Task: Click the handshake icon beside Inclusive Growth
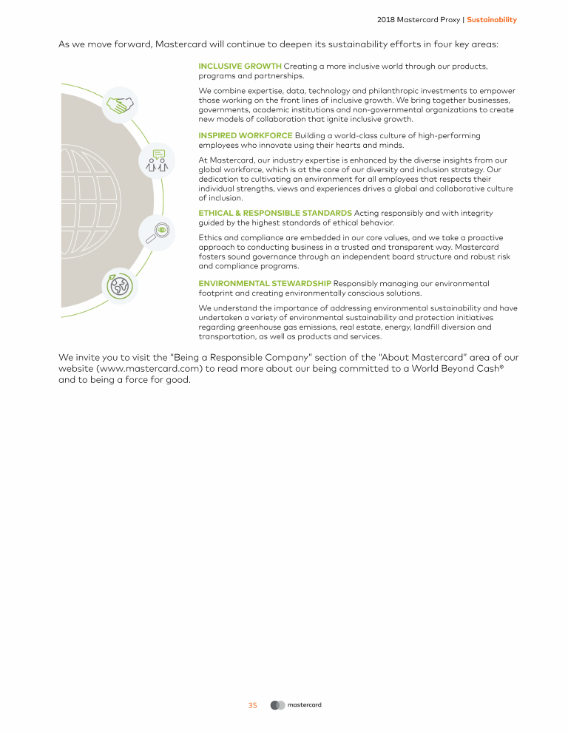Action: pyautogui.click(x=118, y=106)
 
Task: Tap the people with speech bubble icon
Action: pyautogui.click(x=158, y=160)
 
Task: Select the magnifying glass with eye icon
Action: pyautogui.click(x=158, y=231)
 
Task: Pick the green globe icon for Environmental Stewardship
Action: pyautogui.click(x=118, y=285)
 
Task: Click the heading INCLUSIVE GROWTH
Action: pyautogui.click(x=240, y=67)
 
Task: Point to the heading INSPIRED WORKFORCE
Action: pyautogui.click(x=246, y=135)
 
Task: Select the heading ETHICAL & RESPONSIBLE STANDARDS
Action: pyautogui.click(x=275, y=213)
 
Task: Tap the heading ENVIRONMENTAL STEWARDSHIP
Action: pyautogui.click(x=265, y=283)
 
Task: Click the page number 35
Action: pyautogui.click(x=252, y=705)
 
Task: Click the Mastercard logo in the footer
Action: pyautogui.click(x=297, y=705)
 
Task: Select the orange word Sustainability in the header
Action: pyautogui.click(x=492, y=19)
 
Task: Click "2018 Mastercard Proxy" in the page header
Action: pyautogui.click(x=418, y=19)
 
